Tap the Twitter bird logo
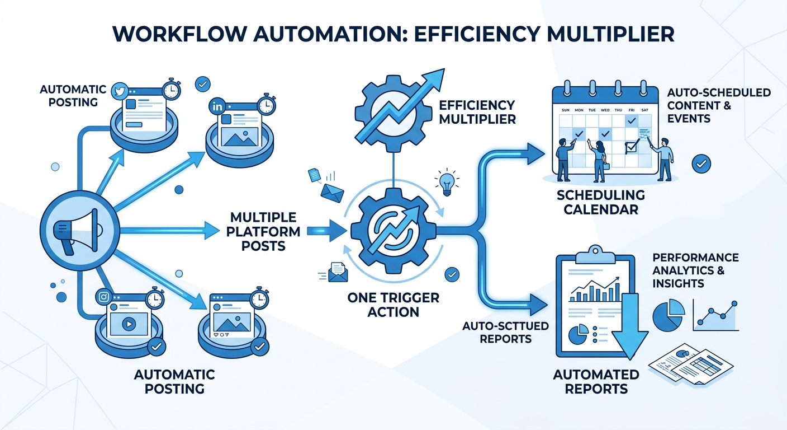point(119,90)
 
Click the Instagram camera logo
point(103,297)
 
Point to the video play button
point(129,324)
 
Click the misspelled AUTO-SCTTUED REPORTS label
point(497,332)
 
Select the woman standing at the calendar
point(598,160)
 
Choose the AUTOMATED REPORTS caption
point(596,381)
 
